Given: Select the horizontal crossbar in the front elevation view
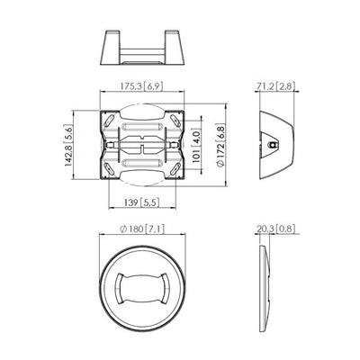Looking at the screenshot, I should [x=144, y=47].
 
